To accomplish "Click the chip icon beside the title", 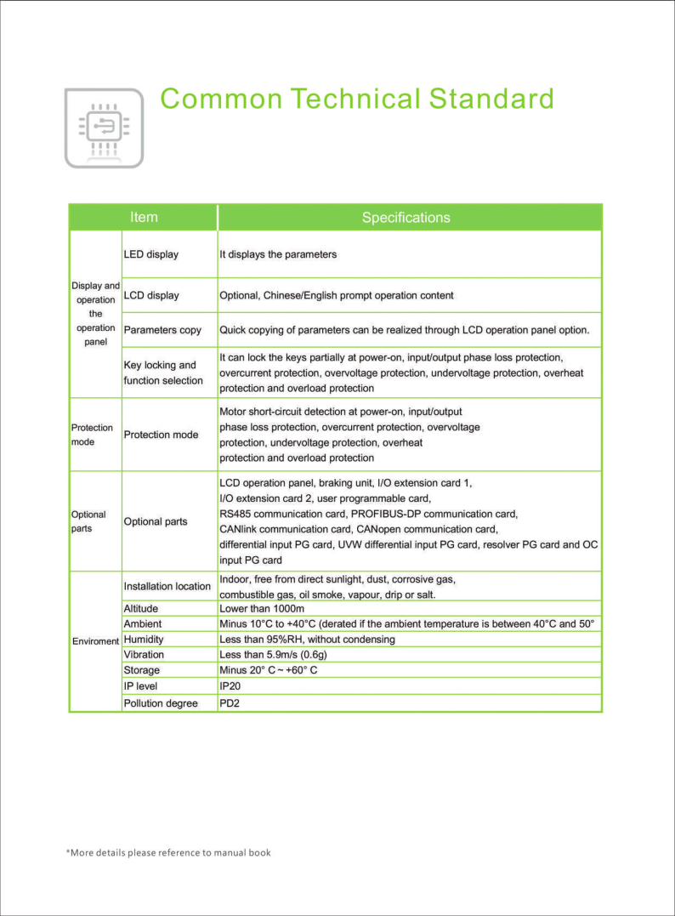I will pyautogui.click(x=105, y=128).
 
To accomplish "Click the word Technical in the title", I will pyautogui.click(x=355, y=99).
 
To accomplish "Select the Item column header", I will pyautogui.click(x=144, y=217).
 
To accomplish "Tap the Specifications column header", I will pyautogui.click(x=406, y=218).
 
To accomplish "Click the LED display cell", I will pyautogui.click(x=151, y=254).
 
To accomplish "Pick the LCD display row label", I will pyautogui.click(x=151, y=295).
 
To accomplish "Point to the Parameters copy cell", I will pyautogui.click(x=162, y=329).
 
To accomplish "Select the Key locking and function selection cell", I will pyautogui.click(x=163, y=373).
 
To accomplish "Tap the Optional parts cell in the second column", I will pyautogui.click(x=156, y=521).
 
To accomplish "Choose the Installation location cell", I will pyautogui.click(x=167, y=586).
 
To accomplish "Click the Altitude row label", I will pyautogui.click(x=141, y=609).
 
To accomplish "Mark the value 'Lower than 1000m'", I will pyautogui.click(x=262, y=609).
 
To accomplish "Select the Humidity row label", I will pyautogui.click(x=144, y=639).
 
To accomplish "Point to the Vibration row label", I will pyautogui.click(x=144, y=655).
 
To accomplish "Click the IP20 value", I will pyautogui.click(x=232, y=686).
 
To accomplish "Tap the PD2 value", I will pyautogui.click(x=230, y=703).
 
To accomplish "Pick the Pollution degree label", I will pyautogui.click(x=161, y=703).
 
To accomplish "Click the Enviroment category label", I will pyautogui.click(x=95, y=640).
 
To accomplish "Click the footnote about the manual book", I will pyautogui.click(x=168, y=852).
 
